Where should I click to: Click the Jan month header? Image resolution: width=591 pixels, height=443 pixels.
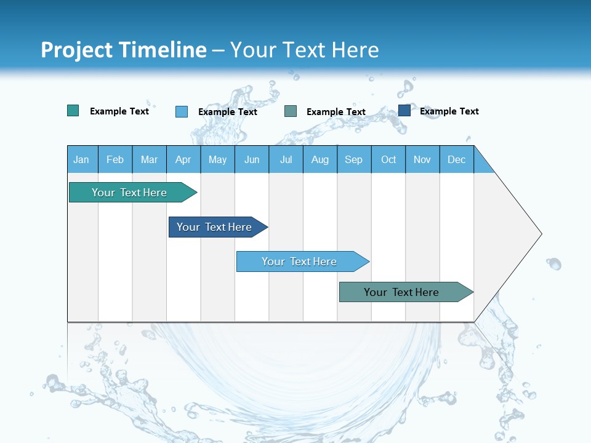(x=82, y=159)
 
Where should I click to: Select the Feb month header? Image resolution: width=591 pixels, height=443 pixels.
(x=115, y=159)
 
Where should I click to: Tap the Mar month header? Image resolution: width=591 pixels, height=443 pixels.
(x=149, y=159)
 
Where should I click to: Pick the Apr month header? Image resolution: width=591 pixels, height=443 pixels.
(x=183, y=159)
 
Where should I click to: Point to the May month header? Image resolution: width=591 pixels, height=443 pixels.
(x=217, y=159)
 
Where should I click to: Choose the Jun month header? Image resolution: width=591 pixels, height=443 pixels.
(x=252, y=159)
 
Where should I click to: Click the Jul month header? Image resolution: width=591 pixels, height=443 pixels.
(x=286, y=159)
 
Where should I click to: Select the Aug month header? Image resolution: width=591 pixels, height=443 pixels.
(x=320, y=159)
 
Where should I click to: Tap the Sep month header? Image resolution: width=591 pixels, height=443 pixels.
(x=354, y=159)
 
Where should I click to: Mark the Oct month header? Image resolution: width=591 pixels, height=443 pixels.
(x=388, y=159)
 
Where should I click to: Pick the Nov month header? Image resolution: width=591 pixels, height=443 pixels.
(x=422, y=159)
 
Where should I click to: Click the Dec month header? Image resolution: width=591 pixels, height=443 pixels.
(x=457, y=159)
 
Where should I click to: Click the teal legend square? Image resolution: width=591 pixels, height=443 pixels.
(x=73, y=111)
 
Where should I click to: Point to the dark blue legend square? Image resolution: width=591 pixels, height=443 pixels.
(x=404, y=111)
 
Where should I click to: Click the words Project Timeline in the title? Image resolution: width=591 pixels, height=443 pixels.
(x=124, y=50)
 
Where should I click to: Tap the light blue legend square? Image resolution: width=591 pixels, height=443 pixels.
(x=182, y=111)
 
